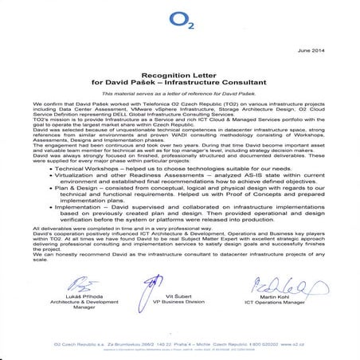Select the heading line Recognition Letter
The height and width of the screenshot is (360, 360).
[x=180, y=71]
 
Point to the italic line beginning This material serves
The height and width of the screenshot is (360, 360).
[x=180, y=94]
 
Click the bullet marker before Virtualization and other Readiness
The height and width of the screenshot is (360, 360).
[x=53, y=179]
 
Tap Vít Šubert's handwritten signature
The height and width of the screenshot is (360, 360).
[x=179, y=284]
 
